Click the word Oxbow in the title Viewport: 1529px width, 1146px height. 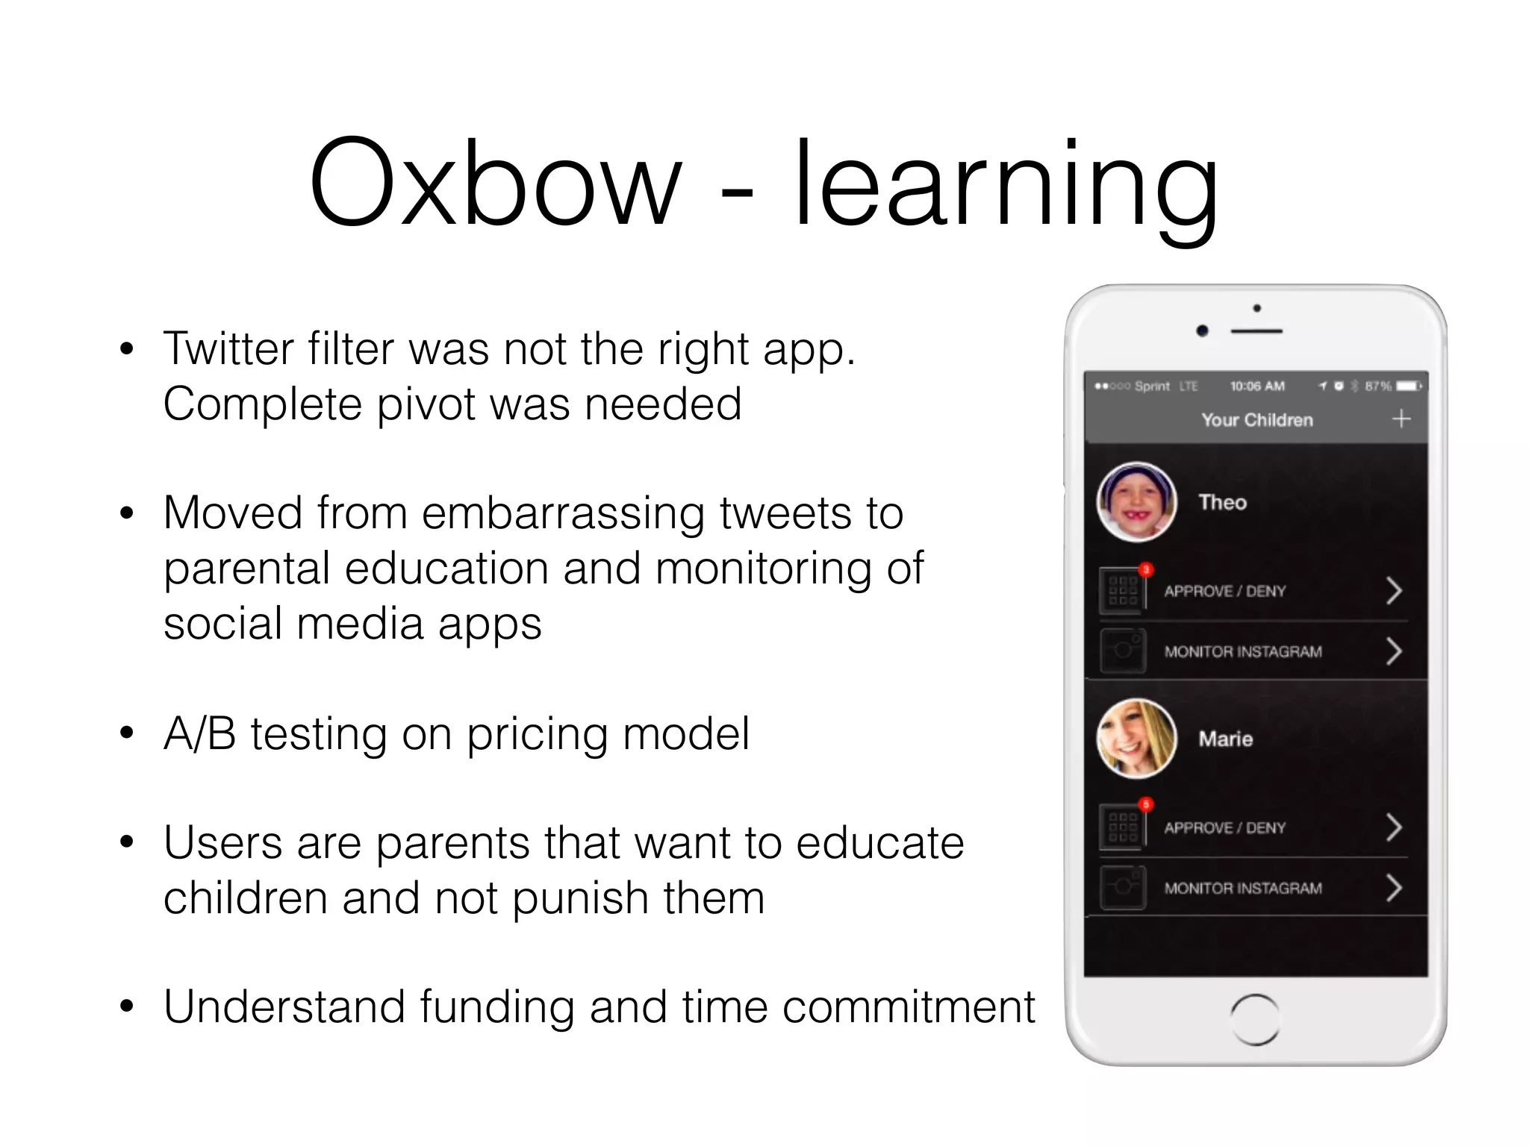tap(496, 183)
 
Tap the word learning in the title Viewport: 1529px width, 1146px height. tap(1005, 187)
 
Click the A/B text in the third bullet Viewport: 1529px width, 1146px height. tap(199, 733)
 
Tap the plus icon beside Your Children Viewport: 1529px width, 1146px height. tap(1401, 419)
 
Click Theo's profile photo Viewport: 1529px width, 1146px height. tap(1136, 501)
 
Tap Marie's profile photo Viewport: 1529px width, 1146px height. tap(1136, 739)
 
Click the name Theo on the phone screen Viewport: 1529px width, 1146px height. tap(1222, 502)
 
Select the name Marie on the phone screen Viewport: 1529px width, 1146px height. tap(1225, 739)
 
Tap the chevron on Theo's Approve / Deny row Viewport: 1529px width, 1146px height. tap(1393, 591)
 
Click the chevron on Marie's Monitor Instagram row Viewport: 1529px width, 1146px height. tap(1393, 888)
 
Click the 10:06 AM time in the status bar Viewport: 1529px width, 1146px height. tap(1257, 386)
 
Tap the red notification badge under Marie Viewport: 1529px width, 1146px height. tap(1145, 804)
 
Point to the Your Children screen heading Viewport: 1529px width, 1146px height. tap(1256, 420)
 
